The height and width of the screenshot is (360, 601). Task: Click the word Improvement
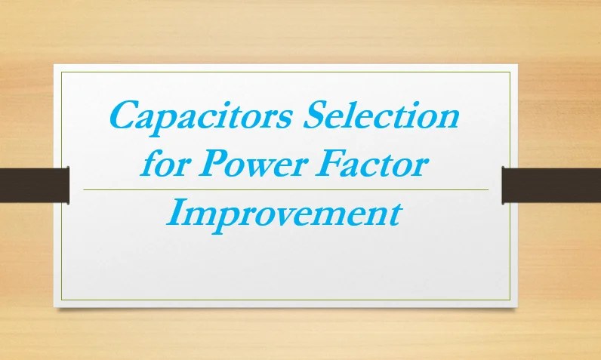point(283,214)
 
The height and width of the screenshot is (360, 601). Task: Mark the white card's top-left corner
point(54,66)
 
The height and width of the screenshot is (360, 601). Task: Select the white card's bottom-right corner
point(518,306)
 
